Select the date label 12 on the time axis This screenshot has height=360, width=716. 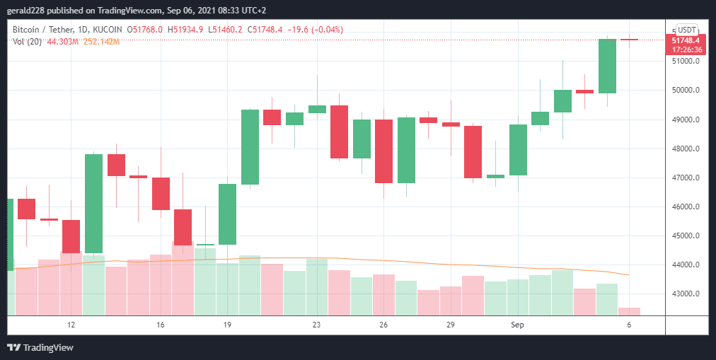tap(71, 325)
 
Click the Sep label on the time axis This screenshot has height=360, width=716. tap(518, 325)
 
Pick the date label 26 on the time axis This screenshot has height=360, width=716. tap(383, 325)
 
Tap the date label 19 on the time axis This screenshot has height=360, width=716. tap(227, 325)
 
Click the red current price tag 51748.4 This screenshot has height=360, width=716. tap(686, 40)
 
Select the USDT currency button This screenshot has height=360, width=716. tap(687, 30)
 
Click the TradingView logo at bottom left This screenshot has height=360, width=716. tap(40, 347)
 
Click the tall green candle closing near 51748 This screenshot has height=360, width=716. tap(607, 66)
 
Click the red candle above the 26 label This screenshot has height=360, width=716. tap(383, 151)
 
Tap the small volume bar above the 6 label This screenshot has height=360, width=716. tap(629, 311)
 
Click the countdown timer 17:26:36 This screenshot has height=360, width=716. tap(686, 50)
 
